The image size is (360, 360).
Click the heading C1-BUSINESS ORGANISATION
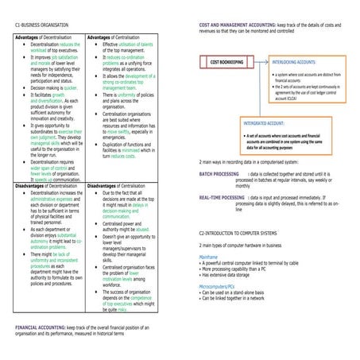pos(40,25)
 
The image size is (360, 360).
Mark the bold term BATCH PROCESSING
pos(219,172)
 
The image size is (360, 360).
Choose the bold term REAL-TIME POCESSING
pos(222,197)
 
